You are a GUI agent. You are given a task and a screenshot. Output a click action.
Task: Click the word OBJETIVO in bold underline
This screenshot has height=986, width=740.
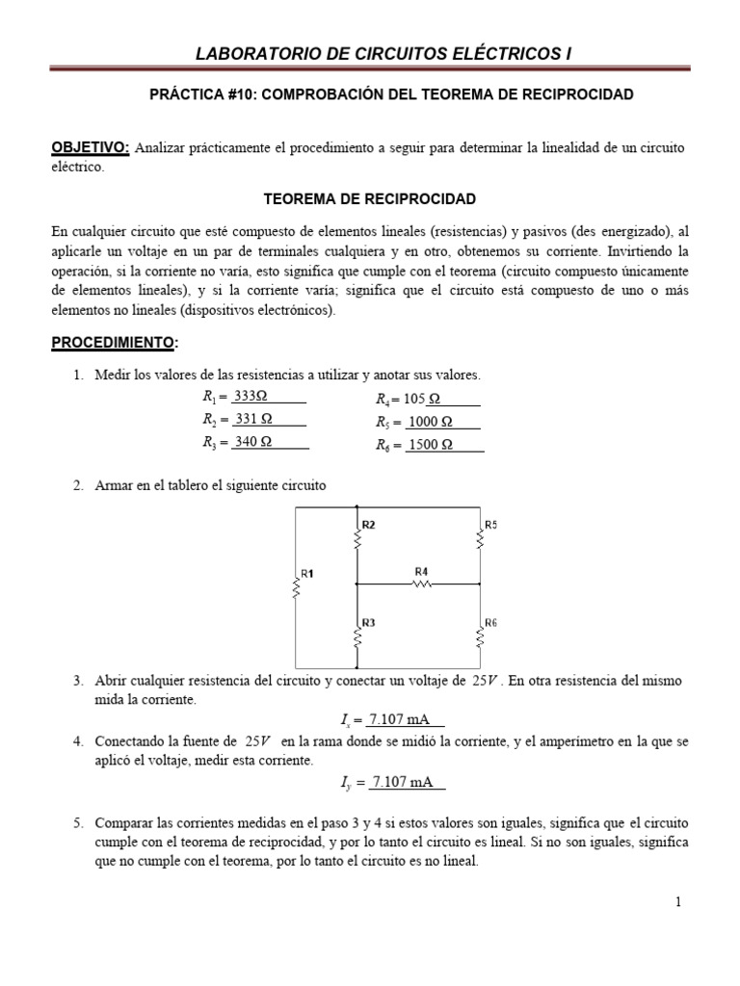[x=90, y=146]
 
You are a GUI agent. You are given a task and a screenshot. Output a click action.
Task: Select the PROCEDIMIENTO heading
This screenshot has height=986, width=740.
[x=113, y=342]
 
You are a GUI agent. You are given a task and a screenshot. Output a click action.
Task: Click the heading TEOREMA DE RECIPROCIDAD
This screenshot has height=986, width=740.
[x=370, y=198]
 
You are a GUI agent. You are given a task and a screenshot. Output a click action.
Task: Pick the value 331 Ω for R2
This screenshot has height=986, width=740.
[x=253, y=419]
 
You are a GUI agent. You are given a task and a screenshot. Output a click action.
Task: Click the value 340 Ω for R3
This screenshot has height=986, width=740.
[x=253, y=442]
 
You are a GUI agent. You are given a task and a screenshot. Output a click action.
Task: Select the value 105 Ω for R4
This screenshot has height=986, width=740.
[x=423, y=399]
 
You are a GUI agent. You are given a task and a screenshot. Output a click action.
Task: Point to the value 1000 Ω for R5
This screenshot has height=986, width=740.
[x=430, y=422]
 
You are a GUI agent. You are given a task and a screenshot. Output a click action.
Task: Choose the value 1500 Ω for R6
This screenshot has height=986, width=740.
[x=430, y=445]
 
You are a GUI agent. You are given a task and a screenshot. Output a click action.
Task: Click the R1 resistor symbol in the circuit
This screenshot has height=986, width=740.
[x=296, y=586]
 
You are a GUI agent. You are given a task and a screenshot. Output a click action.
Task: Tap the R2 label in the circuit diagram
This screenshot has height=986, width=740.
[x=368, y=525]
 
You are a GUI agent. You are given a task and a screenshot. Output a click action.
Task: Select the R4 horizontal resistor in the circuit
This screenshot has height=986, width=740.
[x=421, y=584]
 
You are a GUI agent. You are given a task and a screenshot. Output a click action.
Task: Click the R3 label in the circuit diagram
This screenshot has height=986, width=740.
[x=368, y=622]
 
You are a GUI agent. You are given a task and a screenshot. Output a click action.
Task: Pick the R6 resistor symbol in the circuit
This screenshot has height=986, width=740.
[x=479, y=636]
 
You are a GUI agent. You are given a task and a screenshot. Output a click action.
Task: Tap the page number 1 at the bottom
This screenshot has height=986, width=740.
[x=678, y=901]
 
